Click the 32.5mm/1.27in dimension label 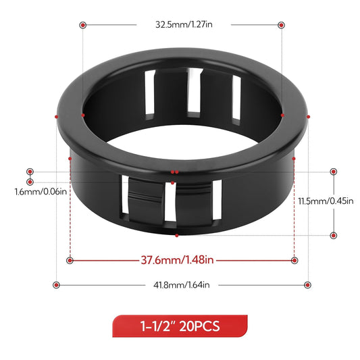tap(181, 24)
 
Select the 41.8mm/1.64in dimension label tap(181, 284)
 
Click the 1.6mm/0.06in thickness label tap(41, 192)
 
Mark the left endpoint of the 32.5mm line tap(82, 24)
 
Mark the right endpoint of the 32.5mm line tap(280, 24)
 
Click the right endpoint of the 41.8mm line tap(307, 284)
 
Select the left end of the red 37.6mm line tap(70, 260)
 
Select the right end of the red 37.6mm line tap(294, 260)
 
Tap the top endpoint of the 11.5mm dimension tap(334, 172)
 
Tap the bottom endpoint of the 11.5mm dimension tap(334, 235)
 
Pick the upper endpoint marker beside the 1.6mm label tap(30, 172)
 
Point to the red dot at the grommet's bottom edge tap(176, 234)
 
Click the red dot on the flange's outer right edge tap(308, 117)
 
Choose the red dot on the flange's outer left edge tap(56, 116)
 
